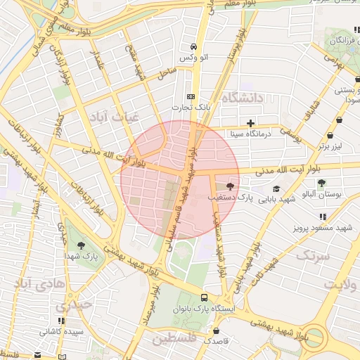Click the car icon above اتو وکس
pos(191,46)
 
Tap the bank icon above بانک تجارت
pos(191,96)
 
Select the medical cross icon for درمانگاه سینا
pos(250,123)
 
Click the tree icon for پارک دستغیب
pos(231,186)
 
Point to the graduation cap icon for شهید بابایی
pos(276,188)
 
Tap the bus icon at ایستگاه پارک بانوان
pos(204,297)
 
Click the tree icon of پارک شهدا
pos(82,245)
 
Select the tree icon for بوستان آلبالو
pos(321,182)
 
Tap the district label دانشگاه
pos(242,98)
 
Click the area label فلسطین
pos(175,340)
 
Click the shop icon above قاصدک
pos(216,329)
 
